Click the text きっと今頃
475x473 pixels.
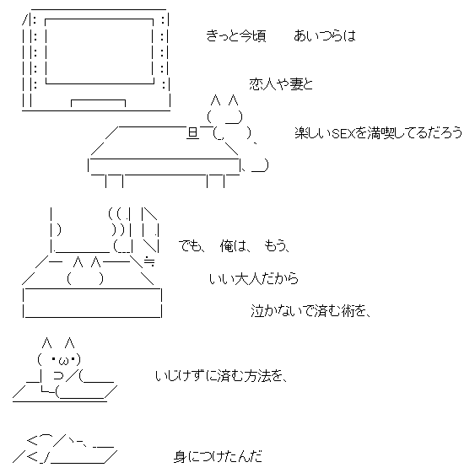(236, 35)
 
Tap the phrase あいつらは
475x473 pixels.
(325, 35)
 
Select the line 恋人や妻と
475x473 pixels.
(281, 84)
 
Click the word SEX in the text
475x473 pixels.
(343, 133)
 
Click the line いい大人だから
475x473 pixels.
(254, 278)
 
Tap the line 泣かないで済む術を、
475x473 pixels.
(311, 311)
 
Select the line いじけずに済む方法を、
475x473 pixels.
(221, 376)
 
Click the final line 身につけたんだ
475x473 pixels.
(218, 457)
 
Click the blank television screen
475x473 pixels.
(100, 51)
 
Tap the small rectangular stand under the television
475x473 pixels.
(98, 103)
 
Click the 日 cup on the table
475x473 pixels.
(192, 133)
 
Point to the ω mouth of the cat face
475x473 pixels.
(64, 361)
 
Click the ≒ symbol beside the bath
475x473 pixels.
(149, 261)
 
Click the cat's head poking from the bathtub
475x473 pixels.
(85, 271)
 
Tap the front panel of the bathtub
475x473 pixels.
(93, 303)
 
